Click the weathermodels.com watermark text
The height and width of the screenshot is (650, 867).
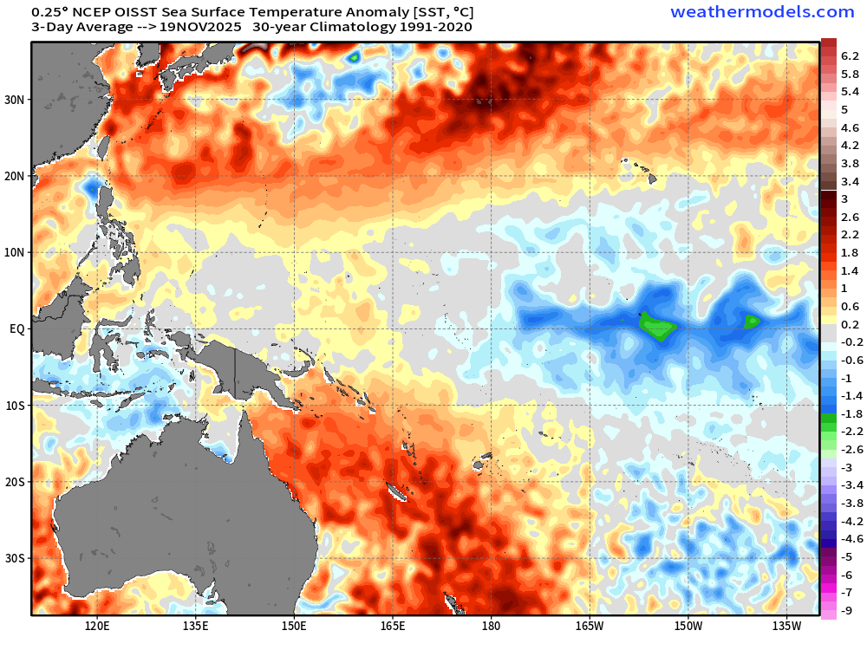pyautogui.click(x=762, y=12)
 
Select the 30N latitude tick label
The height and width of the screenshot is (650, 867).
pyautogui.click(x=16, y=100)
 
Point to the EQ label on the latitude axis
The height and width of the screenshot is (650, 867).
pyautogui.click(x=17, y=329)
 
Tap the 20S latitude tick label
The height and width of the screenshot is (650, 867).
pyautogui.click(x=16, y=482)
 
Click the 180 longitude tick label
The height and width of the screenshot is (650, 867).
pyautogui.click(x=491, y=625)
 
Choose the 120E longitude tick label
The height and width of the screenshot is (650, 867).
pyautogui.click(x=97, y=625)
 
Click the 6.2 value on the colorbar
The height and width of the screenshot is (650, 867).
pyautogui.click(x=850, y=55)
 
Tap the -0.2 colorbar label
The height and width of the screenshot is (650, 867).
pyautogui.click(x=850, y=341)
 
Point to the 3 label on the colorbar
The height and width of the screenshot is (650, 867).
pyautogui.click(x=844, y=198)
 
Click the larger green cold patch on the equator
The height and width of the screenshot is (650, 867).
pyautogui.click(x=657, y=328)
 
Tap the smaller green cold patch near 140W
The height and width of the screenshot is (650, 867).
pyautogui.click(x=751, y=322)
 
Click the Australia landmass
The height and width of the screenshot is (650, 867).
pyautogui.click(x=156, y=511)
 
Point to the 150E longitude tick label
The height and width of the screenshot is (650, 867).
pyautogui.click(x=294, y=625)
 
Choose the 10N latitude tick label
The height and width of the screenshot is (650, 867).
pyautogui.click(x=16, y=252)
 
